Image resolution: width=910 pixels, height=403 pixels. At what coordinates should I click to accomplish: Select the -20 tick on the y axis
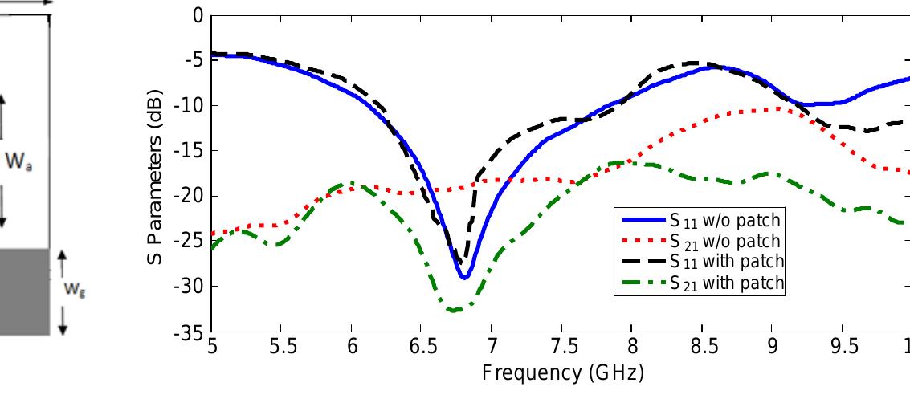(x=190, y=196)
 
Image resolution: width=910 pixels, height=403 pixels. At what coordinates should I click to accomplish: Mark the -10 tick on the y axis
(x=190, y=106)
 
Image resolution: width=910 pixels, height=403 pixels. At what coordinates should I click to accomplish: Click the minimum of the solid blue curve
(x=464, y=277)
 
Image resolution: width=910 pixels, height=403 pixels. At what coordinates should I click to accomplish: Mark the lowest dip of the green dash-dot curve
(x=455, y=310)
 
